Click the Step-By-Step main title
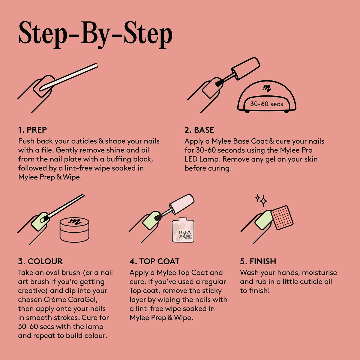95,35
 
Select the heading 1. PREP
32,130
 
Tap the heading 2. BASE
199,130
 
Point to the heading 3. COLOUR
40,261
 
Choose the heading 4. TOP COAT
154,261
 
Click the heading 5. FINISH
258,261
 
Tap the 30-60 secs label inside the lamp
267,104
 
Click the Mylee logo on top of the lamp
267,88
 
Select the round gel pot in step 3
74,229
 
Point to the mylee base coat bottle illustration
183,230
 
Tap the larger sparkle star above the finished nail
264,201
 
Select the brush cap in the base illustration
246,69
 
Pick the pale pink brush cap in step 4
182,204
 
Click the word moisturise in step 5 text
319,273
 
